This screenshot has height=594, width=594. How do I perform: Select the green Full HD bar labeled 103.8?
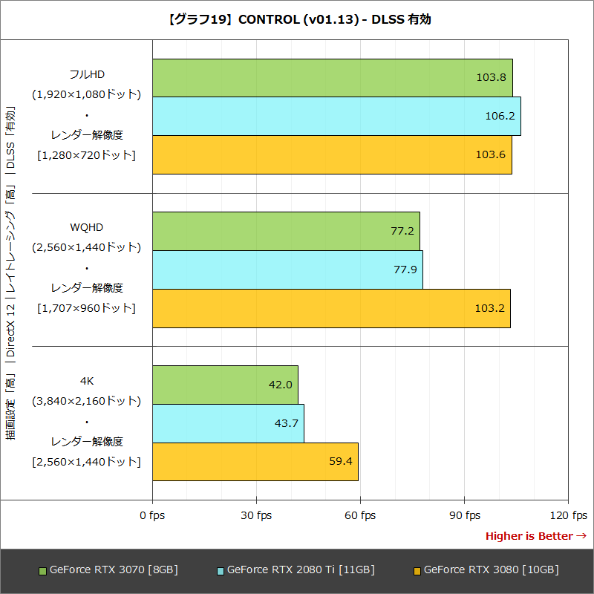332,77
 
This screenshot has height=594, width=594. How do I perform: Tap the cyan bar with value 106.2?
336,116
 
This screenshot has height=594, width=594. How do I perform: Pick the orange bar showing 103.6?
332,154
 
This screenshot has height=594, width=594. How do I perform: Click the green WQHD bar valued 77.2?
286,231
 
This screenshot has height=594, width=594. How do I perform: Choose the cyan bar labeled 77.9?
287,270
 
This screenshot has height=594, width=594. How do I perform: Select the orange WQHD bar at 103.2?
331,308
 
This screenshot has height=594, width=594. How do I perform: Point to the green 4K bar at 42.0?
225,385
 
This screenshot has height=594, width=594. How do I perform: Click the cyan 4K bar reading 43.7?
228,423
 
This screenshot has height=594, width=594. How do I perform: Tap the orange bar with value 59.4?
255,462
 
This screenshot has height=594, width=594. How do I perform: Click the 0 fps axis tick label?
152,515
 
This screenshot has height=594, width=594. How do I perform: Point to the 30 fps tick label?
256,515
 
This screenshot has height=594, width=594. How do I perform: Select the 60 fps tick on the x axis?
360,515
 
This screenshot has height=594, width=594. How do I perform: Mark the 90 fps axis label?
464,515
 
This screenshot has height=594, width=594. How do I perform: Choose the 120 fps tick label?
568,515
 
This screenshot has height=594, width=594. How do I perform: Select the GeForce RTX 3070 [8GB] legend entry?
109,569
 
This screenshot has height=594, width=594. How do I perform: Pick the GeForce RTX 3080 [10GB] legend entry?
486,569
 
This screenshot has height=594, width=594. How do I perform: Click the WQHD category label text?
86,226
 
